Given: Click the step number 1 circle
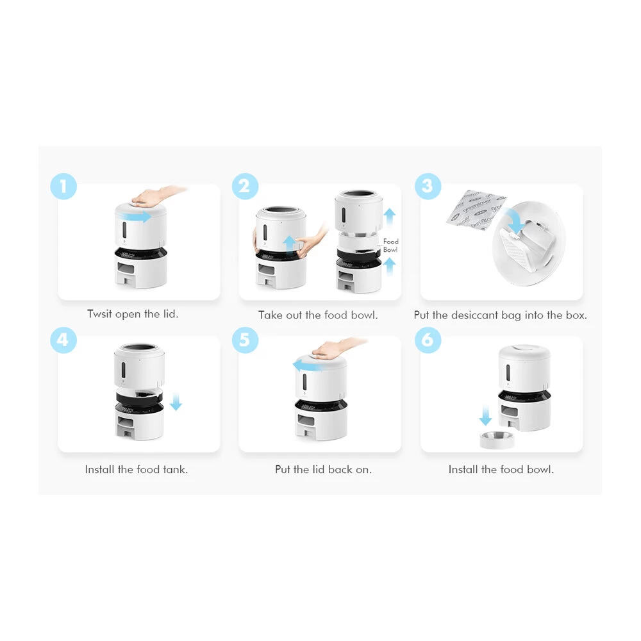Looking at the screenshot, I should point(63,187).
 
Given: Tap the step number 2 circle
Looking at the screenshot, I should point(245,187).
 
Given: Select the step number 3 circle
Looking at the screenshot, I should point(428,187).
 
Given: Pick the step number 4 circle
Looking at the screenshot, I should point(63,339).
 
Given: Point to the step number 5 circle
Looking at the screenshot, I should point(245,339).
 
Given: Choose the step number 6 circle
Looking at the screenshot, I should point(428,339).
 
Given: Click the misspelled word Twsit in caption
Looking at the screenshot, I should point(99,314).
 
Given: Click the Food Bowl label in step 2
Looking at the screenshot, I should point(390,246).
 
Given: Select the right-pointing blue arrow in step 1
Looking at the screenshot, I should point(138,217).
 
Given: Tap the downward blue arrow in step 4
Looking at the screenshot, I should point(176,403).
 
